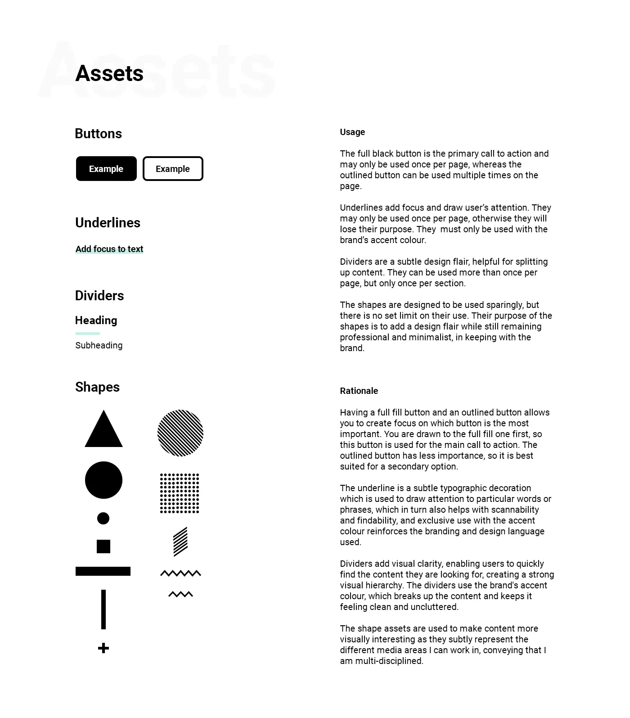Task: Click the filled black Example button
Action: (106, 169)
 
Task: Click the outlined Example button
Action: (173, 169)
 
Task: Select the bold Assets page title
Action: (109, 73)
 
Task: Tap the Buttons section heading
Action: (98, 134)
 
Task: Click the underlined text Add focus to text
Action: (109, 249)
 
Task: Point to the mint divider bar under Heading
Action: (87, 334)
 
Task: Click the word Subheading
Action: (99, 345)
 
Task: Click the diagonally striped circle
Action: (180, 433)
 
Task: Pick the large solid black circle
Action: (103, 480)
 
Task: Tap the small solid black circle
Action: (103, 518)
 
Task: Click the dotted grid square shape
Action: (180, 493)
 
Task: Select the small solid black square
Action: (103, 546)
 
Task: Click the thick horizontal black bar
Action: (103, 571)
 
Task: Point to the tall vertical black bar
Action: (103, 609)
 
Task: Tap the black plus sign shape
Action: (103, 648)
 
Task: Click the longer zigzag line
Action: (180, 573)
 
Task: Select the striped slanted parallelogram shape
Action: (180, 542)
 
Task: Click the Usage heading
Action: (352, 132)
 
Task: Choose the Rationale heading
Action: (359, 391)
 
